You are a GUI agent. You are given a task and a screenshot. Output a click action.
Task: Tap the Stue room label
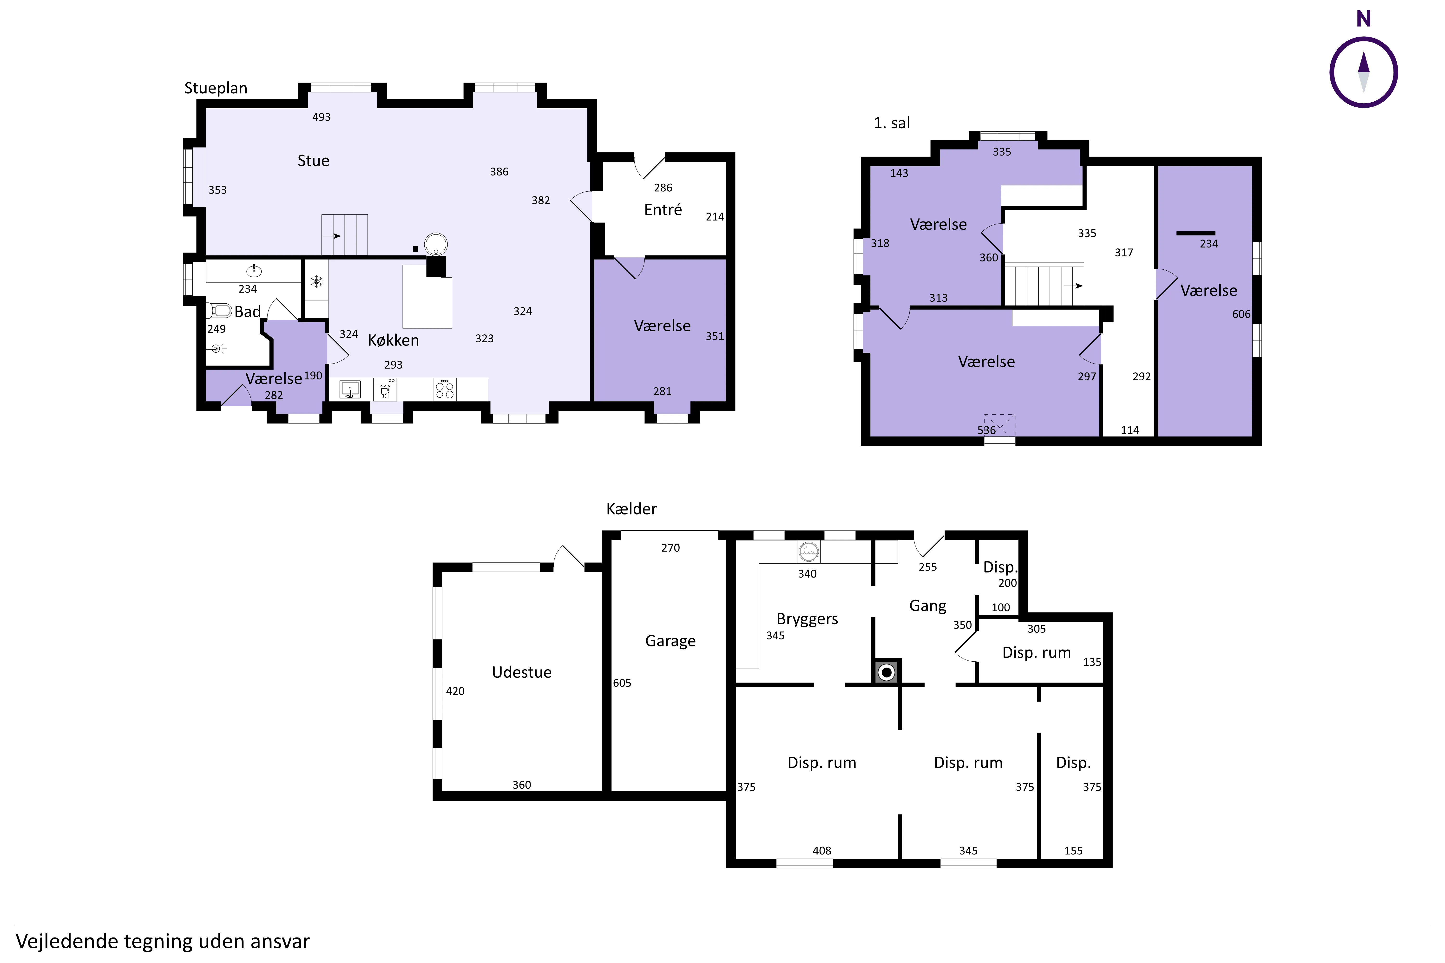click(313, 161)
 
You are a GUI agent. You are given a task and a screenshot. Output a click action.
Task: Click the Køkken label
click(393, 340)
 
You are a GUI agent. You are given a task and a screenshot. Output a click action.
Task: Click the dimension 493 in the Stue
click(321, 117)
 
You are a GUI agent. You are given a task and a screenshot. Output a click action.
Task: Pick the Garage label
click(670, 641)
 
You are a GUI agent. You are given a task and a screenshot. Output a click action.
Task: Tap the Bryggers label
click(807, 619)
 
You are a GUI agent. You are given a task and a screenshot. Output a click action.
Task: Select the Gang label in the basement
click(928, 606)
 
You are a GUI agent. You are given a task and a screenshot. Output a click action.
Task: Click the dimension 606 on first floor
click(1241, 314)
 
